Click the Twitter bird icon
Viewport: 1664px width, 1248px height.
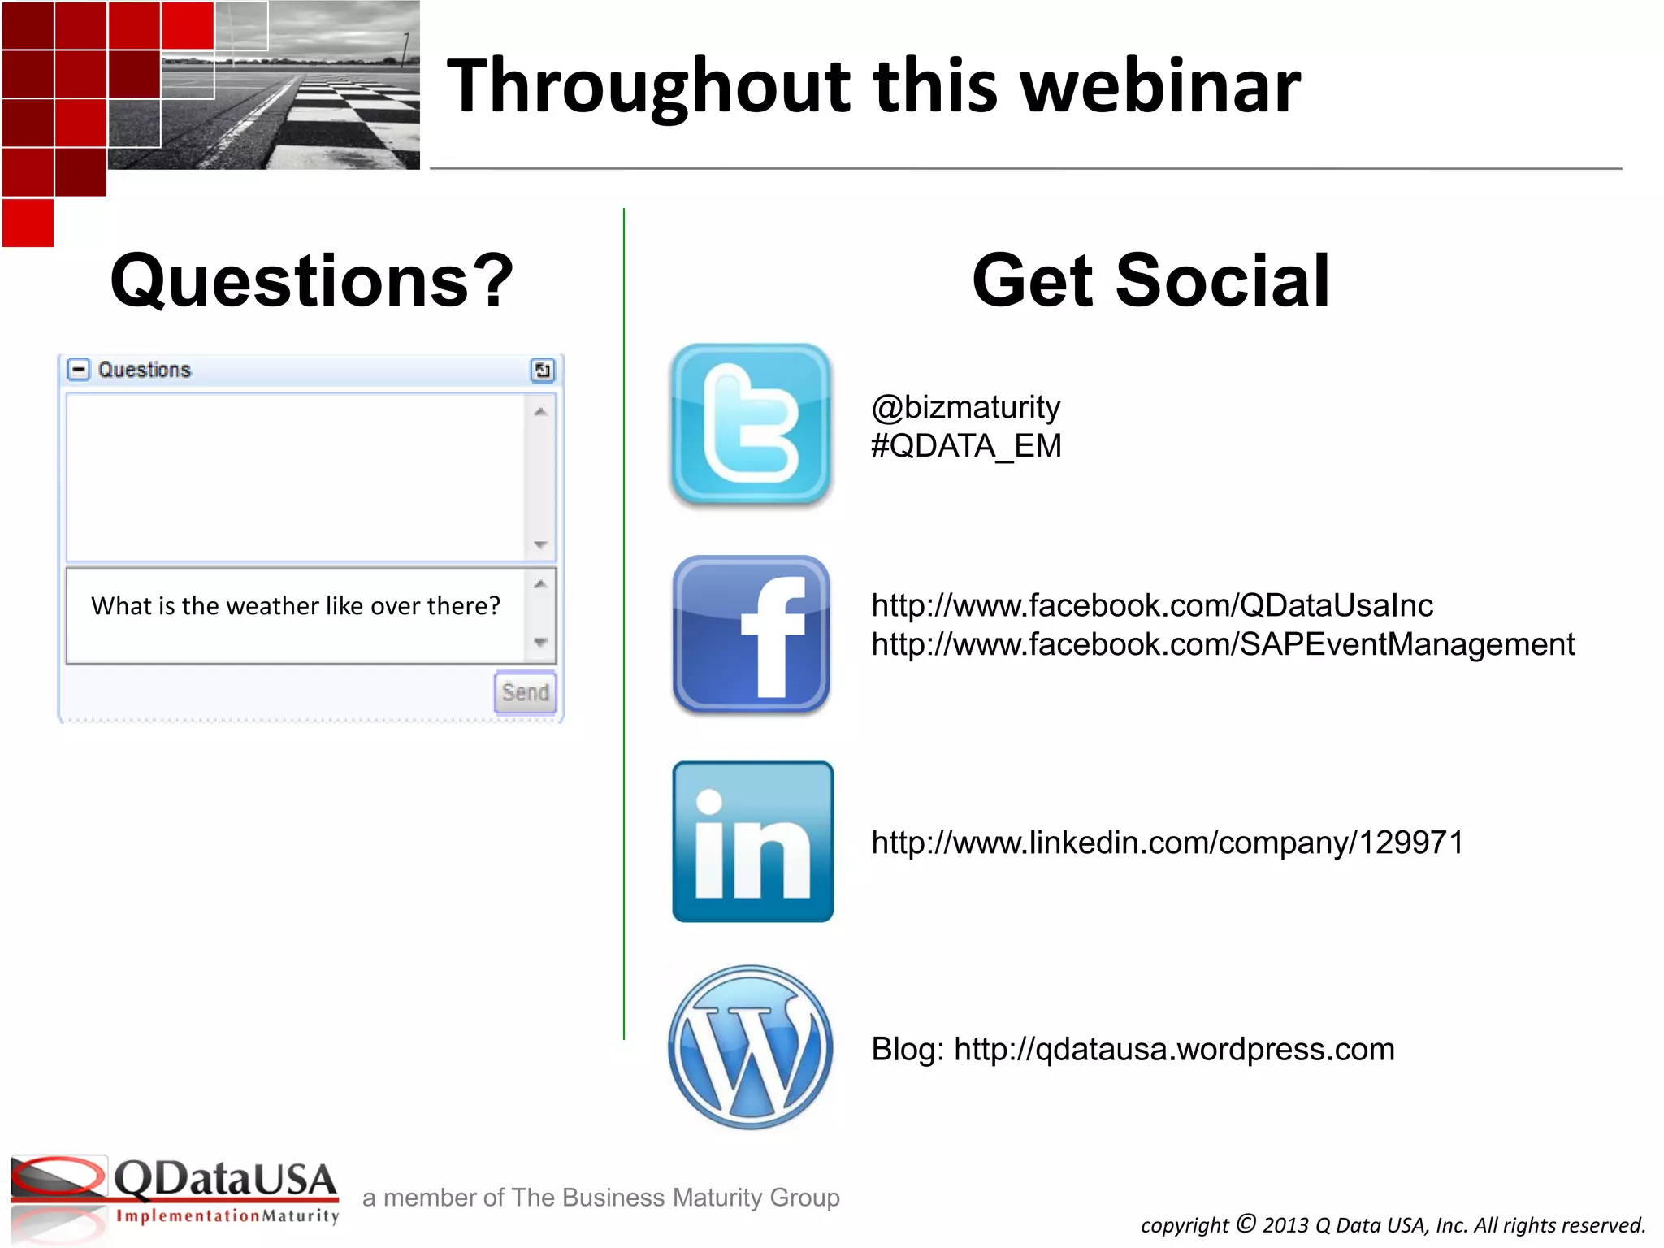point(751,424)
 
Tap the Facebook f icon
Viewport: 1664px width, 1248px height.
point(752,635)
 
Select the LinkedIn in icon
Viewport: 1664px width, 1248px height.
point(752,842)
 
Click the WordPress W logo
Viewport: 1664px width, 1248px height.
point(751,1047)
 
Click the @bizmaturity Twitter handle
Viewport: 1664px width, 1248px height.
point(965,407)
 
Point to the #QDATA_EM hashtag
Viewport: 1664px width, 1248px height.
point(965,446)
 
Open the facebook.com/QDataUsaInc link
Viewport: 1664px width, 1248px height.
point(1151,605)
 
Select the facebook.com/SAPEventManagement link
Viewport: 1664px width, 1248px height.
point(1222,644)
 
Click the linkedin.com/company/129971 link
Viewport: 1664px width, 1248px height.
point(1167,843)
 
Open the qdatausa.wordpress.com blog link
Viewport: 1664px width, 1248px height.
point(1173,1049)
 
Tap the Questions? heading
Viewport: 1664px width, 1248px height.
point(312,280)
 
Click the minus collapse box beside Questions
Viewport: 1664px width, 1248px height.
point(78,370)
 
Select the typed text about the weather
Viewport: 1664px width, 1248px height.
point(296,606)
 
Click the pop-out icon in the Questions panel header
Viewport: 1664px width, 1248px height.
point(542,370)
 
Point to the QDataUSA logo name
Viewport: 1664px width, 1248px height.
point(224,1179)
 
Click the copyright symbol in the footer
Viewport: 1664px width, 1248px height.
point(1246,1223)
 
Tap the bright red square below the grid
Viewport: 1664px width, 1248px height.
point(28,223)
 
